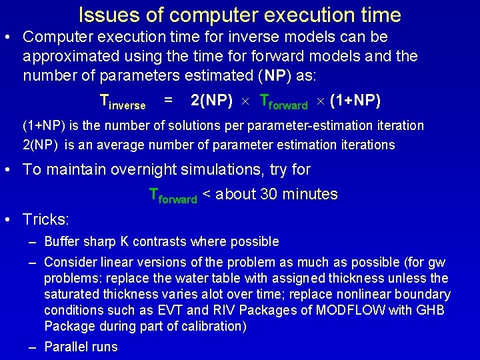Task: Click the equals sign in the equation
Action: (169, 101)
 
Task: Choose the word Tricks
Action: (45, 219)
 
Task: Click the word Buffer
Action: (64, 241)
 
